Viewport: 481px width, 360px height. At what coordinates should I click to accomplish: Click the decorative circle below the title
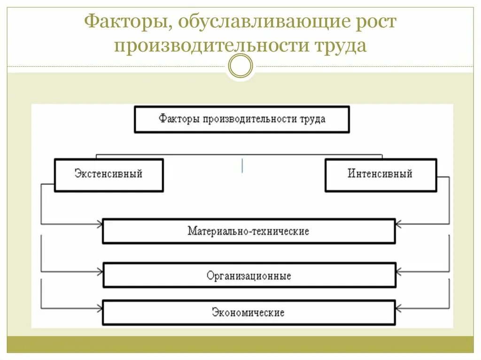click(240, 66)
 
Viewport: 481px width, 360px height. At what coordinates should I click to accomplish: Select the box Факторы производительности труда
click(242, 119)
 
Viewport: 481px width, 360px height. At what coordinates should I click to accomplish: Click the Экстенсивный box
click(109, 175)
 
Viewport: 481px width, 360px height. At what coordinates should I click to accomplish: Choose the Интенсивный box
click(380, 175)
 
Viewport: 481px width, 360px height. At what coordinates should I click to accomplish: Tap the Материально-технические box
click(248, 231)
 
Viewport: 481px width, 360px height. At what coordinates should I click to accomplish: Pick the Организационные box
click(249, 275)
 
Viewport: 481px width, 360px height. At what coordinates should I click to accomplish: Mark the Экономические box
click(248, 312)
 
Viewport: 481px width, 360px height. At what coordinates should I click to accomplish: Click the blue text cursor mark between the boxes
click(242, 166)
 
